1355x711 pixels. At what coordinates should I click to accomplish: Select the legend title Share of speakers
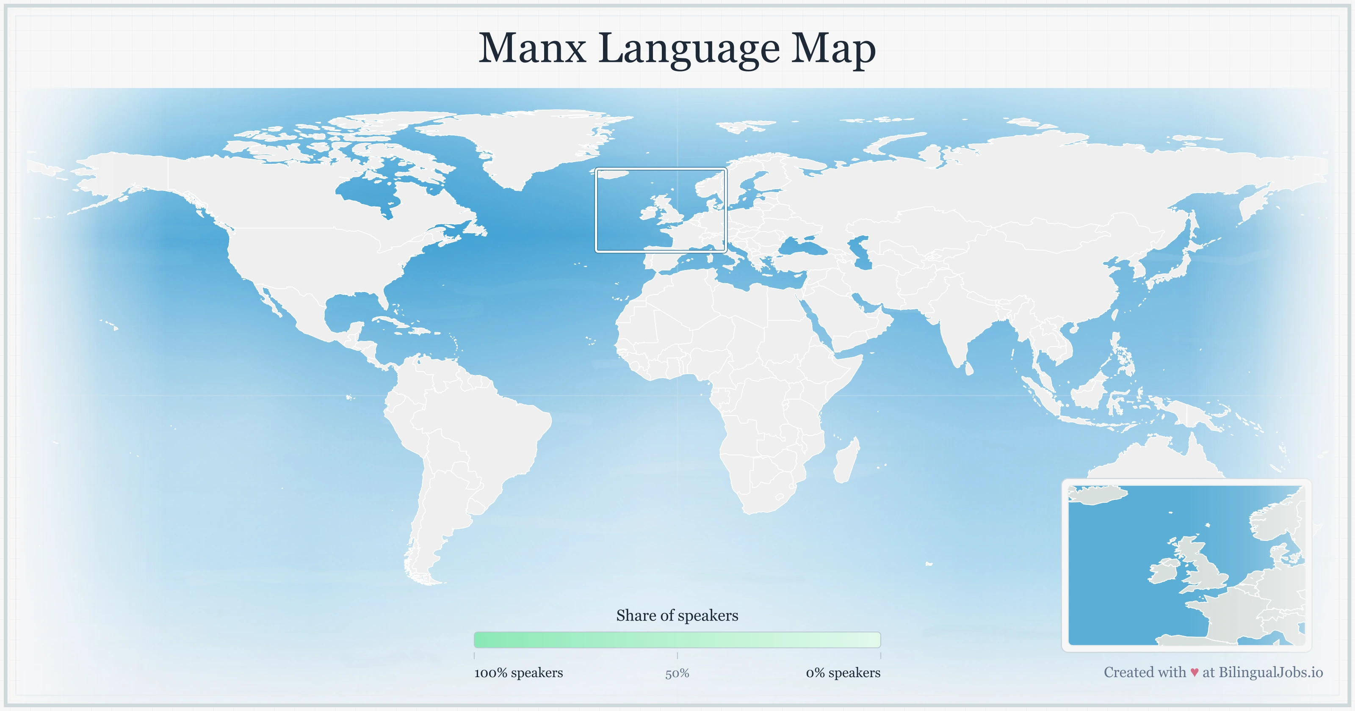(677, 615)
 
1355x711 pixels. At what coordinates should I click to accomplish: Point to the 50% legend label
(677, 673)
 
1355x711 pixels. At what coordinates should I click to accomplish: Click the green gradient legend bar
(677, 639)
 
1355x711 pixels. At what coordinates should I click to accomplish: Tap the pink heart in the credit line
(1195, 672)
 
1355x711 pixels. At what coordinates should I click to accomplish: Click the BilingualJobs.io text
(1270, 672)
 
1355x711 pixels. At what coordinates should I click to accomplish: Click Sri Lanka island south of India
(969, 368)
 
